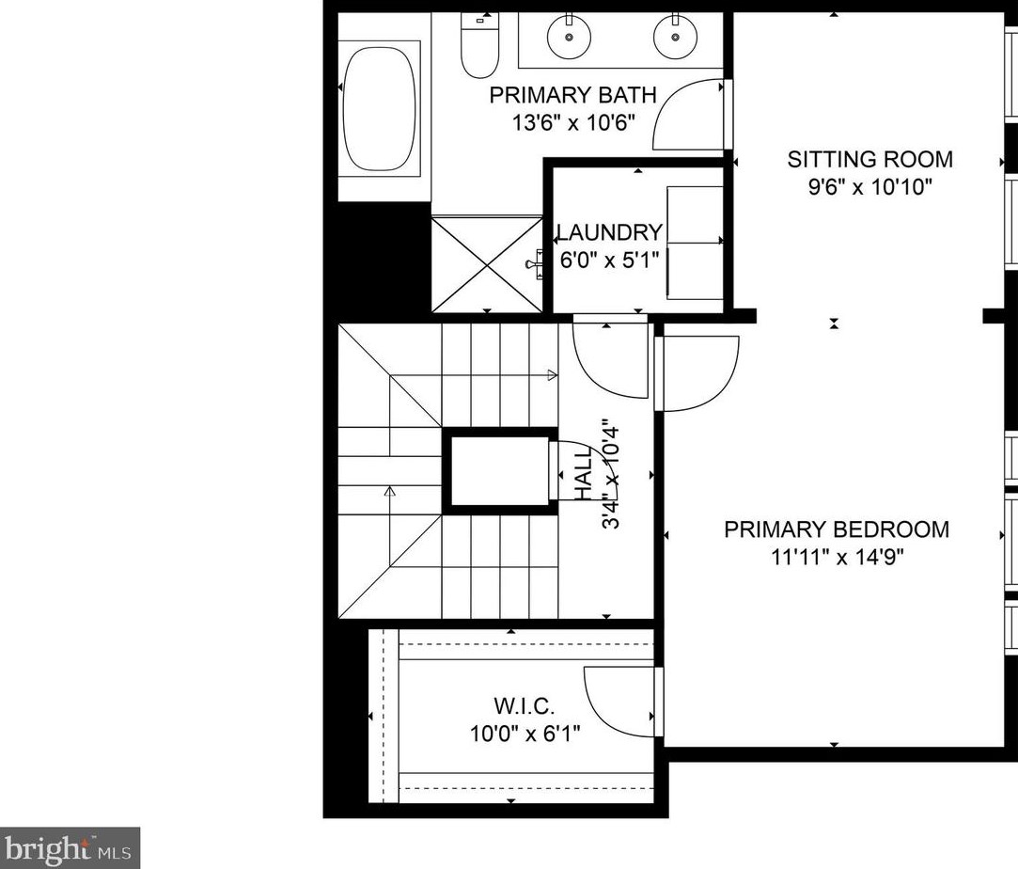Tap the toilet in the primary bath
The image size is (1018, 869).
[x=479, y=47]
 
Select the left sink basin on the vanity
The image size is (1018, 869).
[x=569, y=36]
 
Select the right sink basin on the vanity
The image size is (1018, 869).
[x=674, y=36]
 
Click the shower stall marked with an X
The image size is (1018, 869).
[x=487, y=262]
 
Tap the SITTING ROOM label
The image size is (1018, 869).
[x=869, y=159]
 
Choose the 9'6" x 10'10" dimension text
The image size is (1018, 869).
[x=869, y=186]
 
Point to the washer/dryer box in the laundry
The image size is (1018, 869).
[x=694, y=243]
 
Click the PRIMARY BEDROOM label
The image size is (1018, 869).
[x=837, y=529]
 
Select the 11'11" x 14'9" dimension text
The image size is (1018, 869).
[x=837, y=557]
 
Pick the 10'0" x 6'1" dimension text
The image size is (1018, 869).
[x=525, y=733]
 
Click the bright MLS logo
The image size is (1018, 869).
[x=70, y=847]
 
